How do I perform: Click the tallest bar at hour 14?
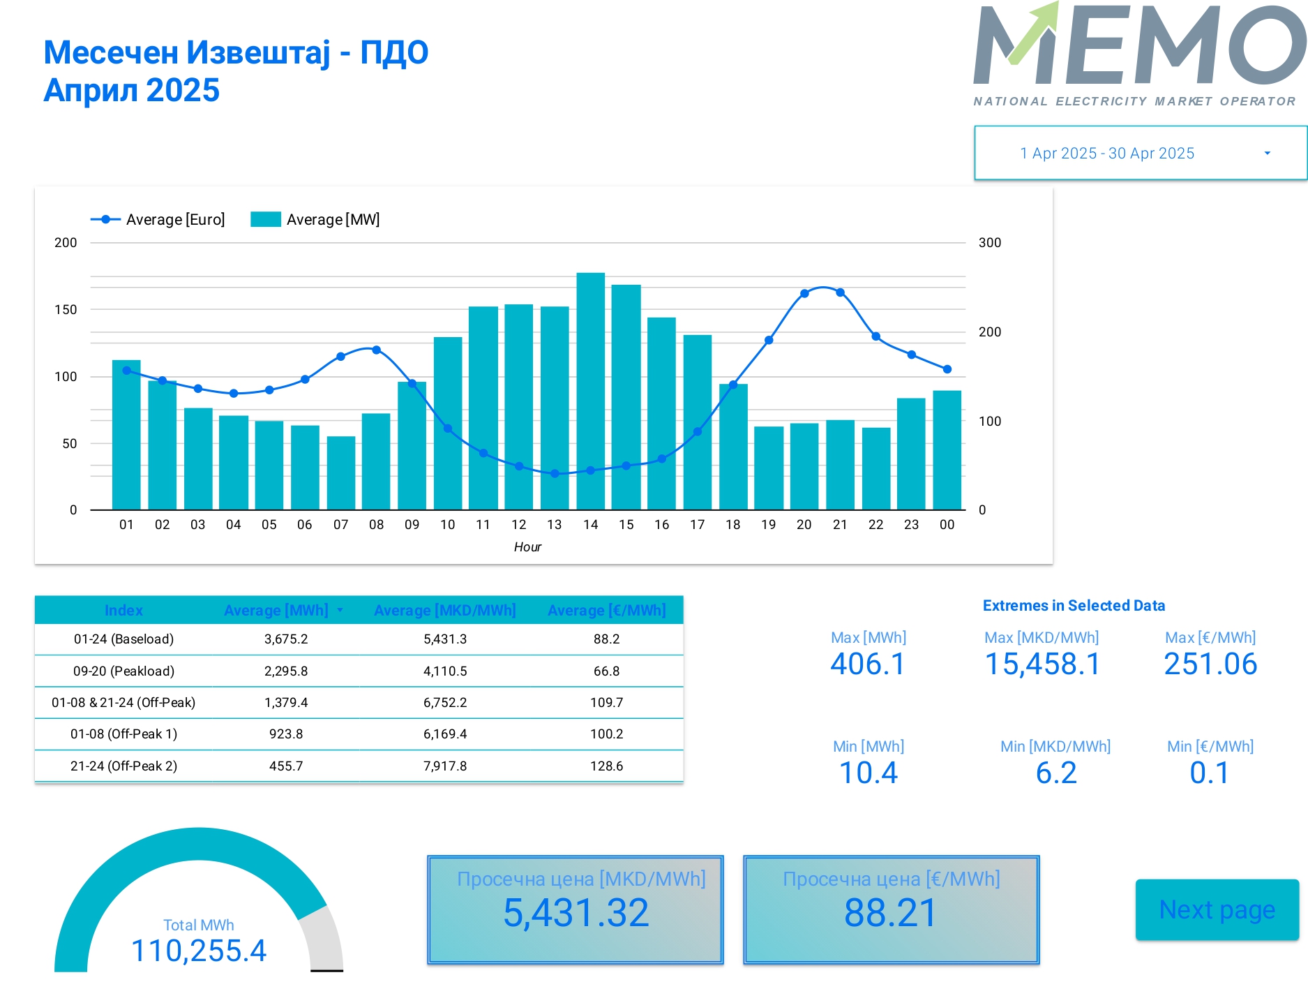click(x=590, y=391)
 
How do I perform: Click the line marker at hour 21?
click(x=840, y=292)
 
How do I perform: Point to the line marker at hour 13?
click(x=555, y=473)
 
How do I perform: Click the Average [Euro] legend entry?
click(x=158, y=220)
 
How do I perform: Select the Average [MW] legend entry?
click(x=315, y=220)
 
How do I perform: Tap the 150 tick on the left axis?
click(x=66, y=309)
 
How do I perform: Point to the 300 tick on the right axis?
click(x=989, y=243)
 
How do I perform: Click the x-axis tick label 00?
click(x=947, y=525)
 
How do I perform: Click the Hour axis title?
click(x=527, y=547)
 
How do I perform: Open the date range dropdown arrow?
click(x=1267, y=154)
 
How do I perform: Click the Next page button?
click(x=1217, y=909)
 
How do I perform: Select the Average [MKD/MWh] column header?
click(x=444, y=611)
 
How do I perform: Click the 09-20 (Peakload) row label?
click(x=123, y=671)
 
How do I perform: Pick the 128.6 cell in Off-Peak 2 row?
click(x=606, y=766)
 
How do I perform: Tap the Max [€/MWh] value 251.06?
click(x=1210, y=664)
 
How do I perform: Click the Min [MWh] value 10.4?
click(x=868, y=773)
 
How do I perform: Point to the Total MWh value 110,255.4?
click(x=199, y=951)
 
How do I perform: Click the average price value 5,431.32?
click(x=576, y=913)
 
